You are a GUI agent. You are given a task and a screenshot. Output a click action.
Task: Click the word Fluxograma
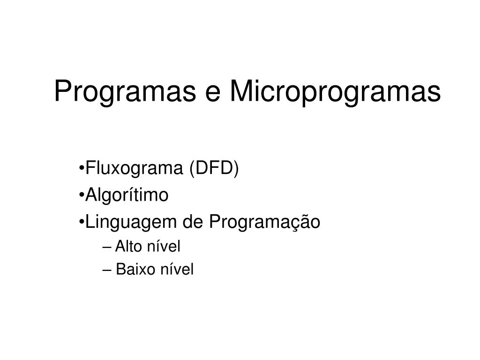134,169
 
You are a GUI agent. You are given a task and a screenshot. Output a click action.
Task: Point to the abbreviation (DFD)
214,169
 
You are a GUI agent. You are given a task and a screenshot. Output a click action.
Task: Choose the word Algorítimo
127,195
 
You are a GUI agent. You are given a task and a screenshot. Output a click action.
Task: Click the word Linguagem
131,222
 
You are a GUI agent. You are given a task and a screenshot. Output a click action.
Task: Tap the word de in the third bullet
193,222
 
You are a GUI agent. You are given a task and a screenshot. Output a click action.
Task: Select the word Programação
265,222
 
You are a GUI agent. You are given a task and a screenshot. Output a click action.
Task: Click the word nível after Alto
164,247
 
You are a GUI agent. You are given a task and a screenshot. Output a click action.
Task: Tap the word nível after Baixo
177,270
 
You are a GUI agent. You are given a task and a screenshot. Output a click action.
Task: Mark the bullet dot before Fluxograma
82,169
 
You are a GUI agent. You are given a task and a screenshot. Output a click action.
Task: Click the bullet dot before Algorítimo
82,195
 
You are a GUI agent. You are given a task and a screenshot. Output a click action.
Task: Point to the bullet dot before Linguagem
82,223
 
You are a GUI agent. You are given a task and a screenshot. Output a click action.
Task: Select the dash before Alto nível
107,247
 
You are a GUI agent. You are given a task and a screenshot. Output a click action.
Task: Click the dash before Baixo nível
107,270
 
